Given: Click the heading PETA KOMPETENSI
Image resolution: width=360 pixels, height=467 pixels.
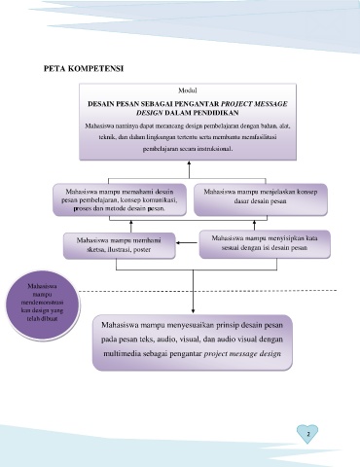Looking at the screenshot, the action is pyautogui.click(x=84, y=69).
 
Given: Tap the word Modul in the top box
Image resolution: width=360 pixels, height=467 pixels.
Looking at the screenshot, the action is pyautogui.click(x=188, y=90).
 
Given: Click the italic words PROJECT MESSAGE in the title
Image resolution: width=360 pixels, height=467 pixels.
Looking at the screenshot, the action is pyautogui.click(x=254, y=104).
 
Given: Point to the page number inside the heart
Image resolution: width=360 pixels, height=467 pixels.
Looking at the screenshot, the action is pyautogui.click(x=307, y=434).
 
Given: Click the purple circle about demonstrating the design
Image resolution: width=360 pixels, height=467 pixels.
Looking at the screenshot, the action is pyautogui.click(x=43, y=305).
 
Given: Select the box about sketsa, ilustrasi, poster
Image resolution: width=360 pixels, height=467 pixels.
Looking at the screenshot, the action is pyautogui.click(x=120, y=245).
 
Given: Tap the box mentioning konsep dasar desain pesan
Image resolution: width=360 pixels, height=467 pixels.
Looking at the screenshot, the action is pyautogui.click(x=261, y=199).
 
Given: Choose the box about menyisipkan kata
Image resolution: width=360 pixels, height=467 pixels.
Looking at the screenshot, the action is pyautogui.click(x=265, y=244).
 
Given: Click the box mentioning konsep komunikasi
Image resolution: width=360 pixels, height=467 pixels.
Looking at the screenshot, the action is pyautogui.click(x=120, y=199).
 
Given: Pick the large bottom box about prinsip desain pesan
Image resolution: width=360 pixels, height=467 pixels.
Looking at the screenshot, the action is pyautogui.click(x=193, y=342).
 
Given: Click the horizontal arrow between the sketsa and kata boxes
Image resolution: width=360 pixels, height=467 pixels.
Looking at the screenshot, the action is pyautogui.click(x=187, y=242).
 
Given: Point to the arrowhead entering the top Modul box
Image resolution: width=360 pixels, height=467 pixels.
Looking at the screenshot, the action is pyautogui.click(x=189, y=162).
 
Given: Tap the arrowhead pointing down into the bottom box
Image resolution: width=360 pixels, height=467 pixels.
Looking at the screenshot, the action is pyautogui.click(x=193, y=310).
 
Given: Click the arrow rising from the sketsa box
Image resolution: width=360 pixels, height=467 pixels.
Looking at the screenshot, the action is pyautogui.click(x=131, y=226).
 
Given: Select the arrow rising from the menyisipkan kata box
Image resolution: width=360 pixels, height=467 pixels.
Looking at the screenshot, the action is pyautogui.click(x=254, y=226).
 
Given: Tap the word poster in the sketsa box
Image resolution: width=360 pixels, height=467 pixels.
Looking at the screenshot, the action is pyautogui.click(x=142, y=250).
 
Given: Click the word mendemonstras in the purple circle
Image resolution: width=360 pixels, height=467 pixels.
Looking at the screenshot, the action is pyautogui.click(x=42, y=303).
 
